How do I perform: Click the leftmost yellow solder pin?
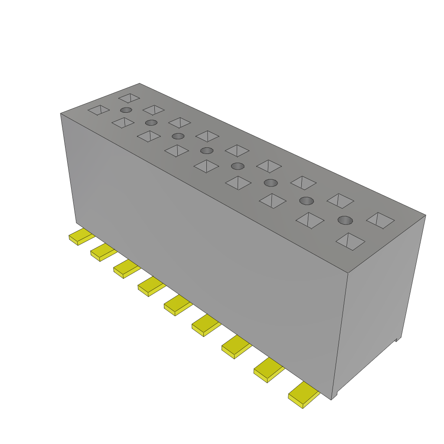(x=81, y=236)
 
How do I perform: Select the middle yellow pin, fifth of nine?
(x=177, y=305)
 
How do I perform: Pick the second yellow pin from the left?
(x=102, y=252)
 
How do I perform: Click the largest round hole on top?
(x=345, y=220)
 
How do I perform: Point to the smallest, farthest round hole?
(x=126, y=110)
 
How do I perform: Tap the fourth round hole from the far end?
(x=207, y=150)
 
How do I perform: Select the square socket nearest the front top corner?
(x=350, y=242)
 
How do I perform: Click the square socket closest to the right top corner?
(x=380, y=220)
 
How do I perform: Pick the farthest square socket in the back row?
(x=129, y=98)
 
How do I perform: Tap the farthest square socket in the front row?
(x=98, y=110)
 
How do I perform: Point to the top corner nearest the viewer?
(x=349, y=273)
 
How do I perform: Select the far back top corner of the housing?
(x=140, y=83)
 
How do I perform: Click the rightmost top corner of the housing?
(x=425, y=215)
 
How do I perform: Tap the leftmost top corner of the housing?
(x=60, y=114)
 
